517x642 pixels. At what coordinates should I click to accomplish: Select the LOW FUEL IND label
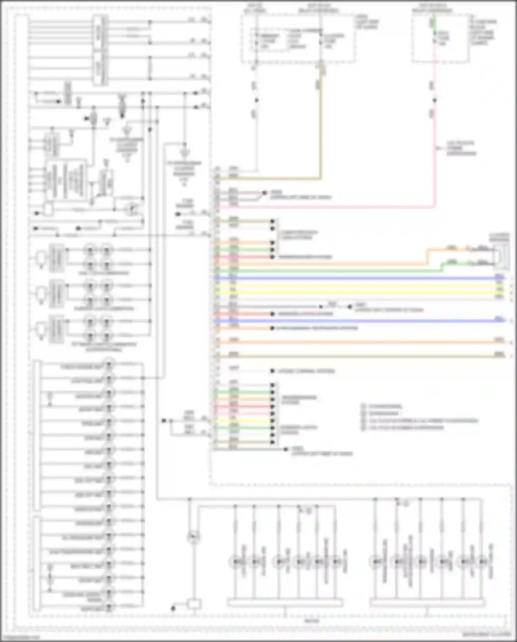[87, 381]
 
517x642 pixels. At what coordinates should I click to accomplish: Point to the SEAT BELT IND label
[86, 566]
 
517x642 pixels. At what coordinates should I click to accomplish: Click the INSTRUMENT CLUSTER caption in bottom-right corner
[486, 634]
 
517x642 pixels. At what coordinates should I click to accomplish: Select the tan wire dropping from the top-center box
[321, 131]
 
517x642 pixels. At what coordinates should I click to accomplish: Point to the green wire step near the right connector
[443, 266]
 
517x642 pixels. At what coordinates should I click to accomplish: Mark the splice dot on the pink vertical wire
[435, 100]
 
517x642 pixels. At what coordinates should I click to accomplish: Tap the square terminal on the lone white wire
[272, 371]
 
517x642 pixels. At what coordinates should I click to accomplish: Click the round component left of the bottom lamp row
[193, 536]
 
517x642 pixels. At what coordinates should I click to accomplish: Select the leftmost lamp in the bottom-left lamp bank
[235, 562]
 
